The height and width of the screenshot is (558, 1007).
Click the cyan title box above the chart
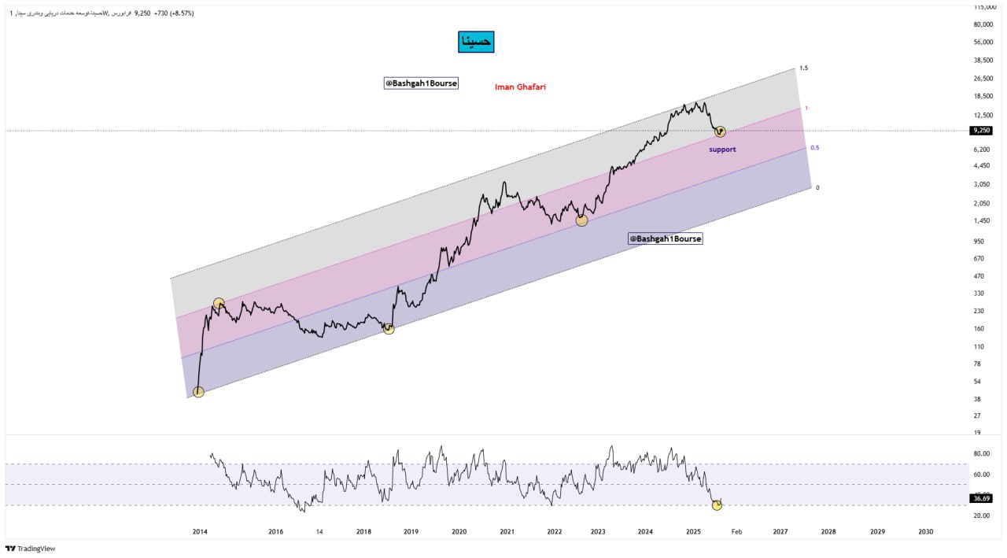[x=476, y=42]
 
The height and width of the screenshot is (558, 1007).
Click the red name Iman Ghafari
[x=520, y=87]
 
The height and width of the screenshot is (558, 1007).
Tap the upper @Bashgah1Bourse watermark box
[x=421, y=83]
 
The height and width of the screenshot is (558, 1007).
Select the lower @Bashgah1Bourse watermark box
[x=666, y=238]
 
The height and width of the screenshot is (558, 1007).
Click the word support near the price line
[x=722, y=149]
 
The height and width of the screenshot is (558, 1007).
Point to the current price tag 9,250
[x=980, y=131]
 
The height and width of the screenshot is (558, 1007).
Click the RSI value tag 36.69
[x=981, y=498]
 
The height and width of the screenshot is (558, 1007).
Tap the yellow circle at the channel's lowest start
[x=198, y=392]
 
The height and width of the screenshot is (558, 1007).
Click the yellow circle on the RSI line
[x=717, y=504]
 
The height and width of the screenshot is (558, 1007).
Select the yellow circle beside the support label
[x=720, y=131]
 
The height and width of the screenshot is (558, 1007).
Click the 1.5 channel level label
[x=803, y=68]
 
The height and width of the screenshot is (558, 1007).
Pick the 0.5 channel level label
[x=815, y=148]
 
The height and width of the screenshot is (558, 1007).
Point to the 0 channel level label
[x=817, y=187]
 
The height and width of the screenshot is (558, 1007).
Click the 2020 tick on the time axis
[x=459, y=532]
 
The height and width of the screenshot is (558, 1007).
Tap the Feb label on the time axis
[x=736, y=532]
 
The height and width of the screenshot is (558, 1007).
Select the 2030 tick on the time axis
[x=926, y=532]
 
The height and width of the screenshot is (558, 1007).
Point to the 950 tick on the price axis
[x=979, y=242]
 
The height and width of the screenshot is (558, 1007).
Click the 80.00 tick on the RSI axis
[x=981, y=453]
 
